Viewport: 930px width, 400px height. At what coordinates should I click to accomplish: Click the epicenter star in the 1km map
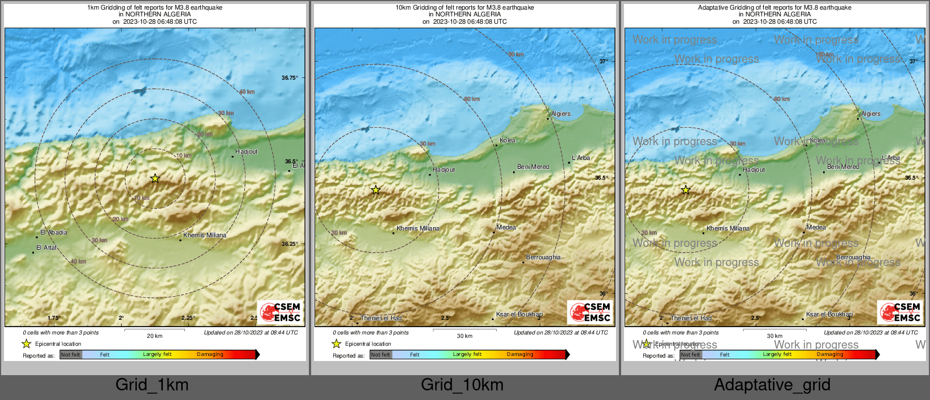coord(155,179)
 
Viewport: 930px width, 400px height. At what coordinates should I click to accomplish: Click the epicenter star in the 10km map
coord(376,190)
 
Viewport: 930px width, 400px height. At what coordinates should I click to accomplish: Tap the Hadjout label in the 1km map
coord(246,151)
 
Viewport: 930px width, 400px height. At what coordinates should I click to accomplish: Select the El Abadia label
coord(54,232)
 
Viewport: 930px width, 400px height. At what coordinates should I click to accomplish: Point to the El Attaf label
coord(46,247)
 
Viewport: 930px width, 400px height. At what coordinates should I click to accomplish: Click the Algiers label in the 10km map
coord(561,114)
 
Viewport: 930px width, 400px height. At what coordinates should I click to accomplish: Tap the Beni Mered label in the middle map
coord(533,167)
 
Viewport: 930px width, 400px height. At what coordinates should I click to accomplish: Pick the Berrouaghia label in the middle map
coord(543,257)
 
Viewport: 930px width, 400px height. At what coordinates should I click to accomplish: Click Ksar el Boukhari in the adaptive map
coord(829,314)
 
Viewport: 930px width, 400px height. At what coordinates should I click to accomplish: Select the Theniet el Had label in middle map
coord(381,318)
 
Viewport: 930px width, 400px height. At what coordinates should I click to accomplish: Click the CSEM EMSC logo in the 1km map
coord(281,312)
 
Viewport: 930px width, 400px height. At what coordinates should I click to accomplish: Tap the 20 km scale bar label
coord(154,336)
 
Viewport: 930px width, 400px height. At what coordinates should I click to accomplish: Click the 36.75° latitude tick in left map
coord(290,77)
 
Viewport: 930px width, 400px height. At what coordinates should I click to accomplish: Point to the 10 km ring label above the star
coord(183,155)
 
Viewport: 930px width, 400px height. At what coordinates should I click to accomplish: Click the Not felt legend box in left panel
coord(71,354)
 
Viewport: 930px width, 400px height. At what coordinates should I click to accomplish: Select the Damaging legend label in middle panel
coord(520,354)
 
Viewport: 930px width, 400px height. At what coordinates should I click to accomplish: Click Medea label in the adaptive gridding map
coord(816,227)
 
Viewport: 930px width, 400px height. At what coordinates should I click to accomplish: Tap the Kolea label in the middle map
coord(507,140)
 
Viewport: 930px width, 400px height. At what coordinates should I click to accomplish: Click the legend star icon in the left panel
coord(26,344)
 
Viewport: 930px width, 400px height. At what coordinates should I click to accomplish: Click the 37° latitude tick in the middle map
coord(604,61)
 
